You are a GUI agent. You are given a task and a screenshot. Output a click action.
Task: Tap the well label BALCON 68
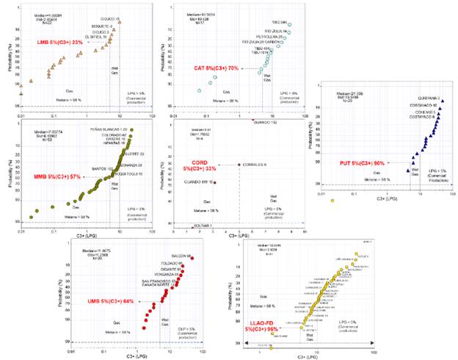pyautogui.click(x=181, y=256)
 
